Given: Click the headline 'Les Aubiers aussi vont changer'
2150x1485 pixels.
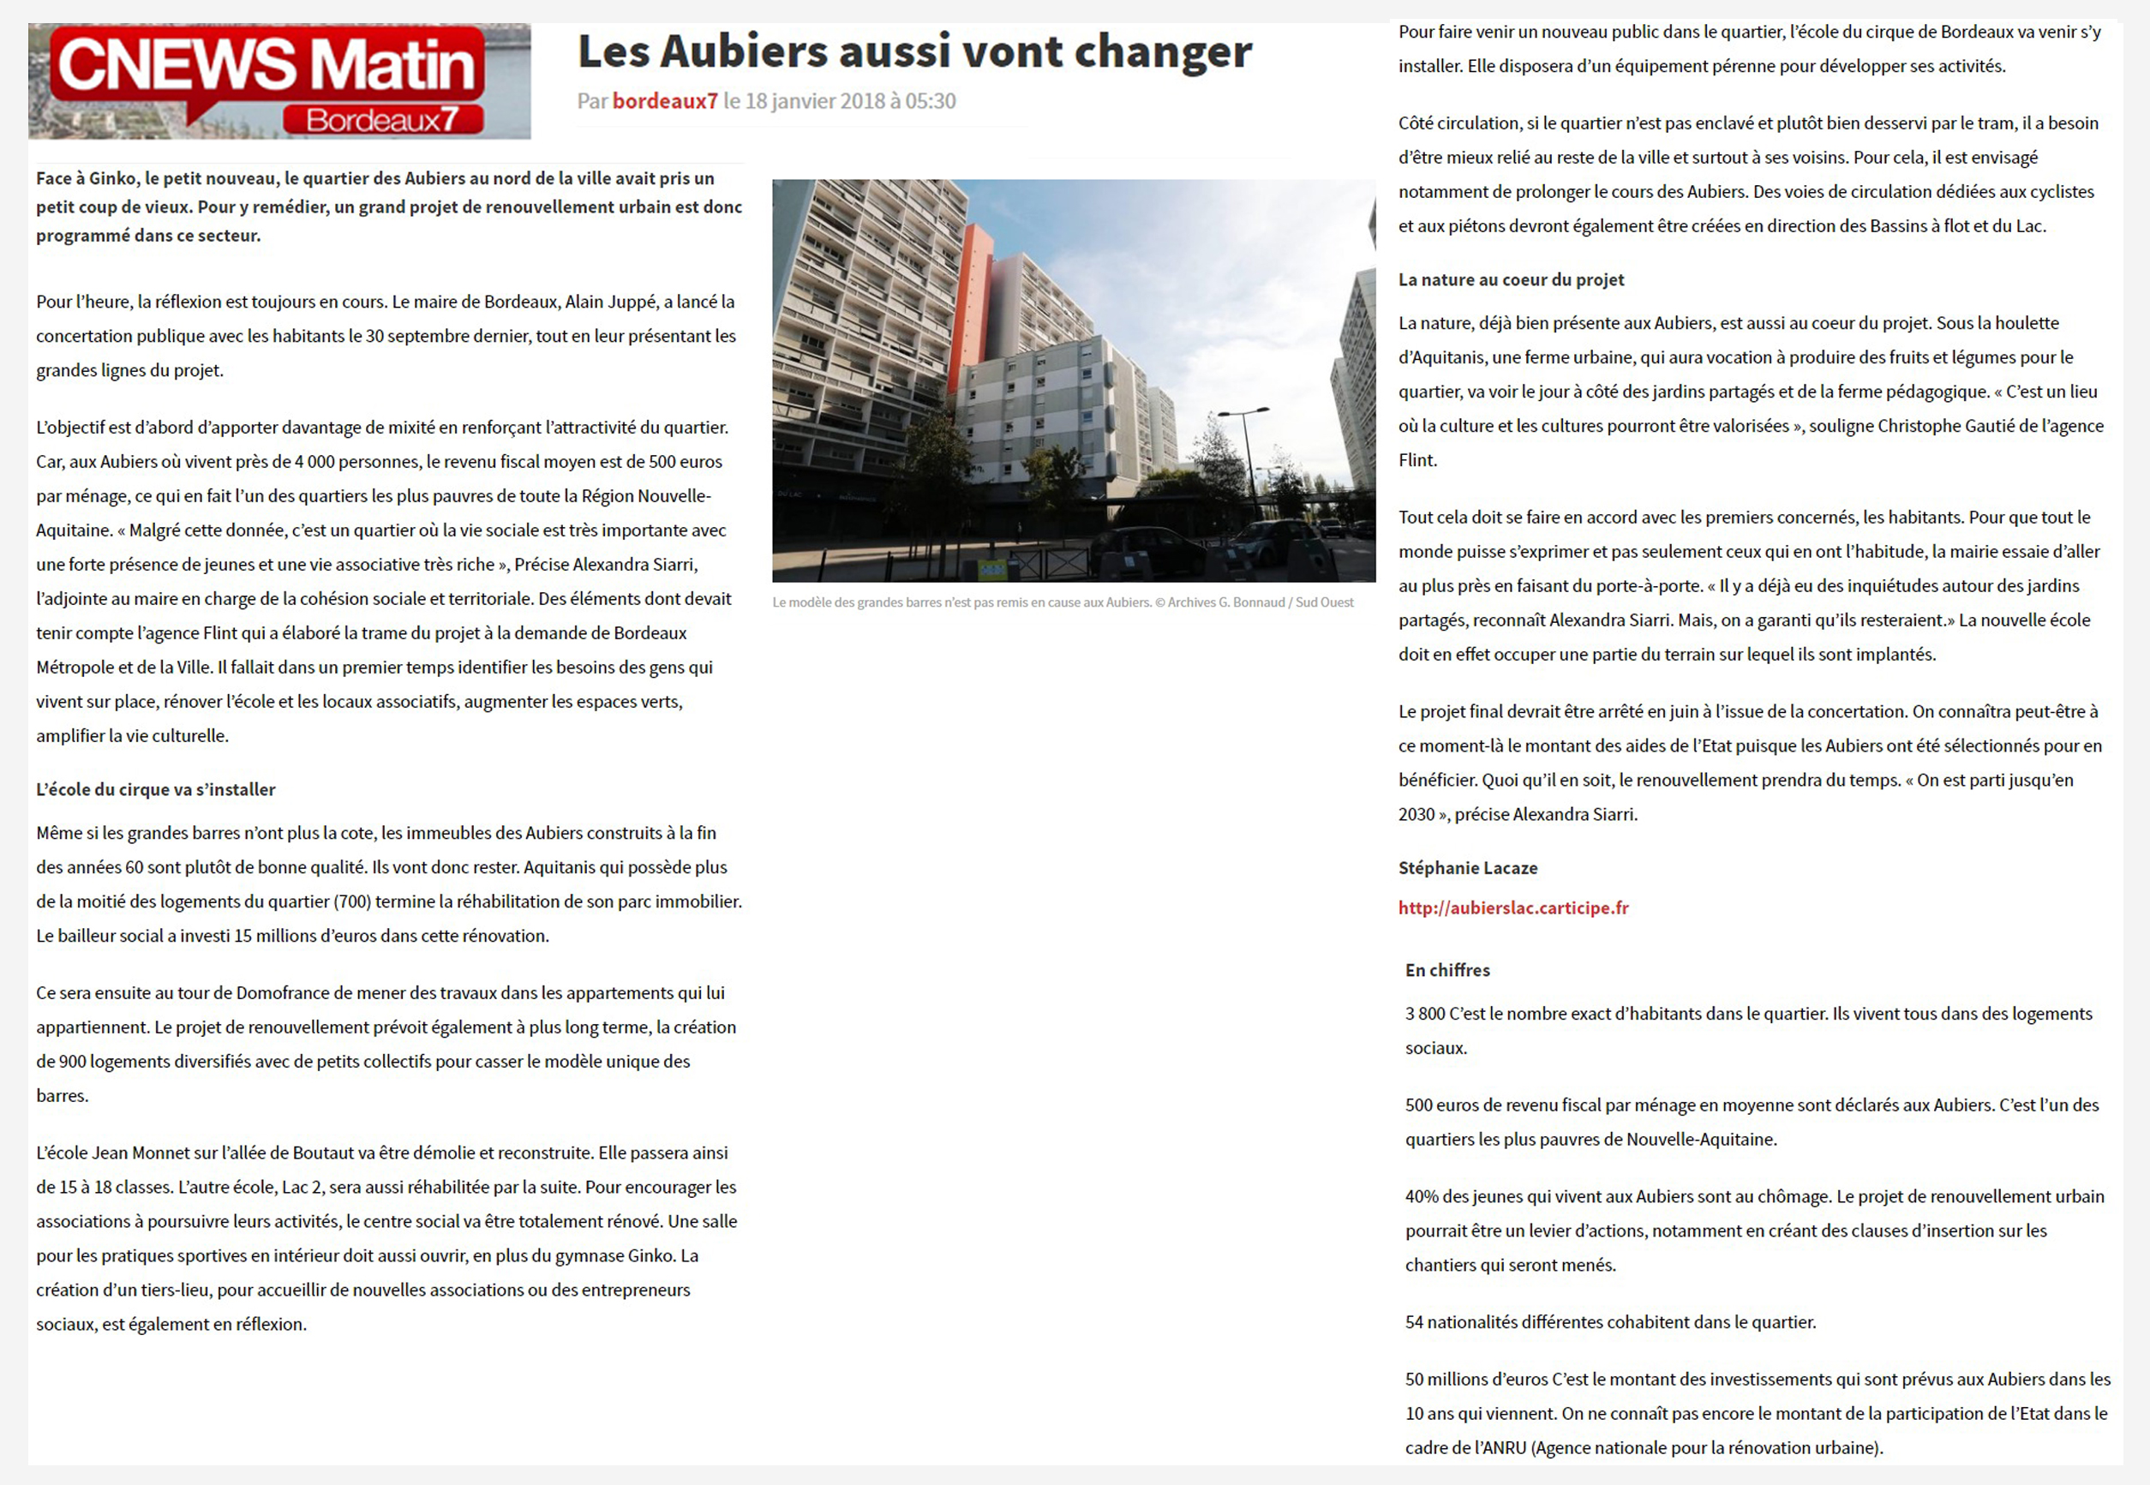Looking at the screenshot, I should tap(913, 52).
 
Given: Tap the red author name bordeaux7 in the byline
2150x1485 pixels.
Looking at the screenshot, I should tap(664, 101).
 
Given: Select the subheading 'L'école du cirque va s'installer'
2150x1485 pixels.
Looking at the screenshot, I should tap(155, 790).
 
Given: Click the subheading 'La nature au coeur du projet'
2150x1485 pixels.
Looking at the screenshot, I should tap(1511, 280).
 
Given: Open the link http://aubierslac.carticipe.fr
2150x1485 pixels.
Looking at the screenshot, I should tap(1512, 908).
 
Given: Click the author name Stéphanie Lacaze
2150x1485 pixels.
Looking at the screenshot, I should tap(1467, 868).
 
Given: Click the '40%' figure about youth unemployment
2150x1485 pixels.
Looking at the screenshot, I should tap(1421, 1196).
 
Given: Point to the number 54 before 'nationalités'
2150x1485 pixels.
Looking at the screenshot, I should tap(1414, 1322).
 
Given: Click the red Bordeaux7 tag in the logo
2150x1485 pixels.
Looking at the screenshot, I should tap(382, 120).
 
